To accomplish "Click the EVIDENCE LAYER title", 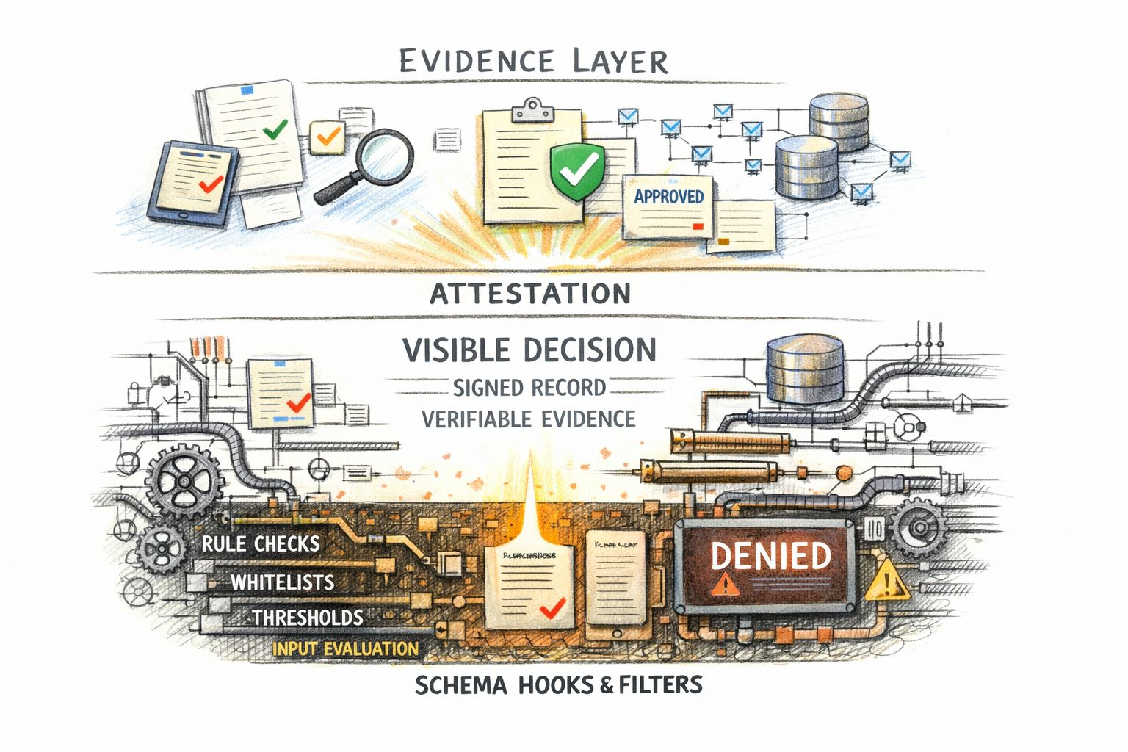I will point(534,62).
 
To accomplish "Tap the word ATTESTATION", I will point(529,294).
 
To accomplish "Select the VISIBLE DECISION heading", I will point(529,350).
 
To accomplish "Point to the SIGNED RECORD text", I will point(529,387).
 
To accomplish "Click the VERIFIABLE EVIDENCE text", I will point(529,419).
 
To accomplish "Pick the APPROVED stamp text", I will point(668,196).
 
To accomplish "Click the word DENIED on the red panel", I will point(770,557).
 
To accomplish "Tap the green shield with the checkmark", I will point(577,171).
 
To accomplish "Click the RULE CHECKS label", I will point(261,544).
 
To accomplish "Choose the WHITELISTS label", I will point(283,582).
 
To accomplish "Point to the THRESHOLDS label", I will point(308,618).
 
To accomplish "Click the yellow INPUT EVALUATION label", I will point(345,649).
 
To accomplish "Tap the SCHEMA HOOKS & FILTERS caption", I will point(558,685).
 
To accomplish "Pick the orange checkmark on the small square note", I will point(328,137).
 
